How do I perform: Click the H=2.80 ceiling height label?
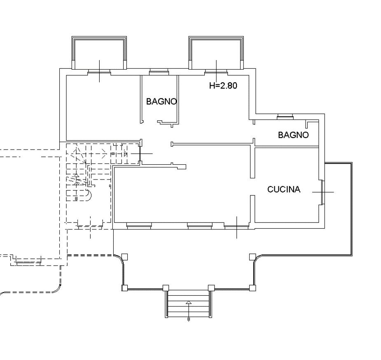tap(223, 86)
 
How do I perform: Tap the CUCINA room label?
tap(284, 189)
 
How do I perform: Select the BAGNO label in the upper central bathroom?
tap(161, 101)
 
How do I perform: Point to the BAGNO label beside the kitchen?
tap(293, 135)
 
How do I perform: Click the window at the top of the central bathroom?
tap(159, 72)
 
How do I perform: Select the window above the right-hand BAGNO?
tap(285, 117)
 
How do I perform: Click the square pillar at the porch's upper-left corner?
tap(124, 257)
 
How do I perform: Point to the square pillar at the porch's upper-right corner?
tap(252, 257)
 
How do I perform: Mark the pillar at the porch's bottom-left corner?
tap(124, 288)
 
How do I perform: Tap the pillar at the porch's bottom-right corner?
tap(252, 288)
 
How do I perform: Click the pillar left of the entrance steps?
tap(166, 288)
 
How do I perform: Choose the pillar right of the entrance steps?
tap(211, 288)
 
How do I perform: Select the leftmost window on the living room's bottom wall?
tap(139, 226)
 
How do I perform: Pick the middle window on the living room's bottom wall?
tap(200, 226)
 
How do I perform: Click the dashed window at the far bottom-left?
tap(28, 261)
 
